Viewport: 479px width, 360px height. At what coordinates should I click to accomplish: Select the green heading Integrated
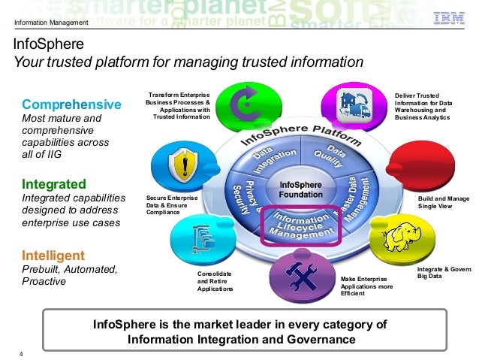pos(54,183)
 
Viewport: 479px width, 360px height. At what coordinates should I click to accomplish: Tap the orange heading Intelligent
pos(53,255)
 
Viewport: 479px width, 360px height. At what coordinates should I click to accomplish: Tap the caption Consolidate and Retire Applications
pos(215,281)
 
